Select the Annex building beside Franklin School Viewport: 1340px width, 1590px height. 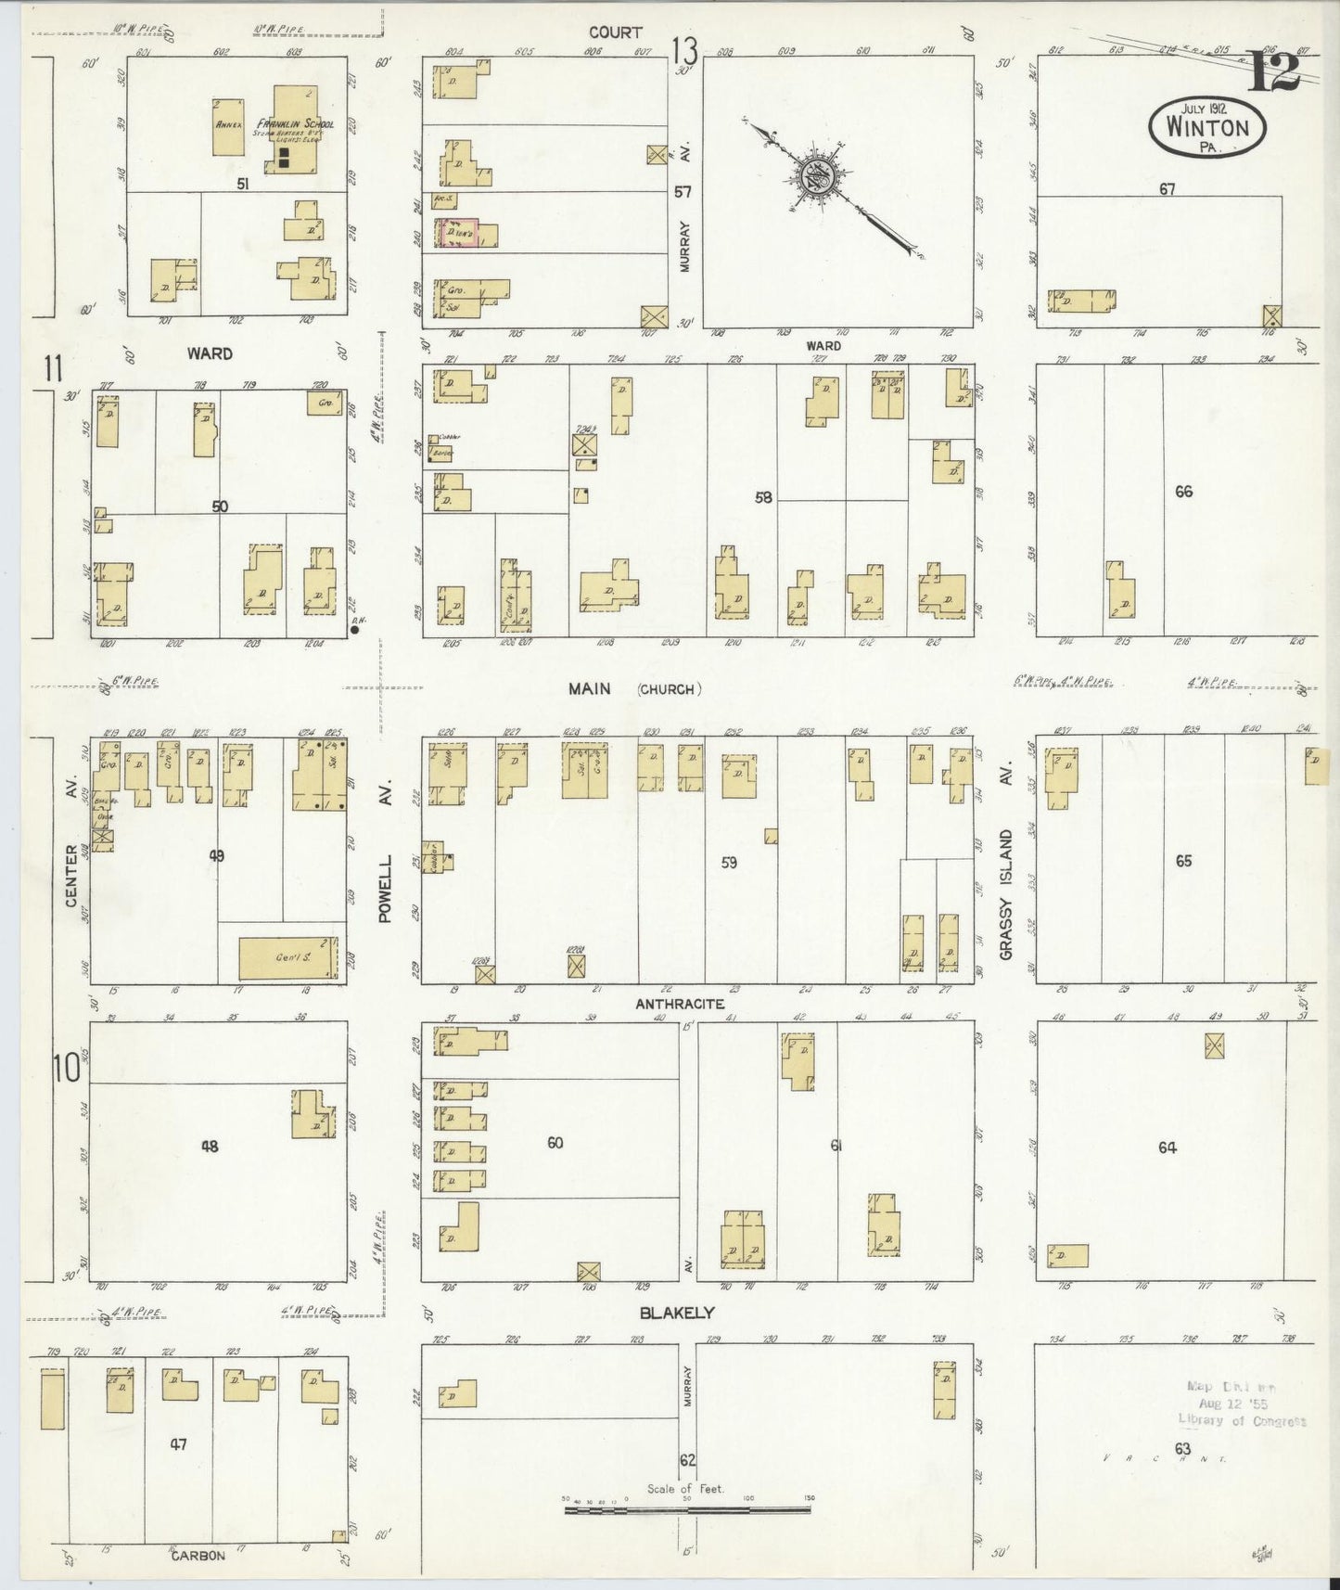click(x=227, y=125)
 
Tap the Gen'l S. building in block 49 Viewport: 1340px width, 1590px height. click(x=288, y=957)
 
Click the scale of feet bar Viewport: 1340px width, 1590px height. click(x=687, y=1510)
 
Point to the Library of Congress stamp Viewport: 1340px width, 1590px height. click(x=1241, y=1403)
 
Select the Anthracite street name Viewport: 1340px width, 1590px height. click(x=680, y=1004)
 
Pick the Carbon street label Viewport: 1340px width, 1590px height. click(x=198, y=1556)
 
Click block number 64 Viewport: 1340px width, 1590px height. click(x=1167, y=1148)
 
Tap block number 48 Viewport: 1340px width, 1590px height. click(x=211, y=1148)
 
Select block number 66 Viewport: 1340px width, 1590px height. click(x=1183, y=492)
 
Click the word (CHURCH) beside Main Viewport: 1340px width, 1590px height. click(x=669, y=689)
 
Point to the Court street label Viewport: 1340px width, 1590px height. click(x=616, y=33)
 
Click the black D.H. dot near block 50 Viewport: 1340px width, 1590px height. click(x=355, y=630)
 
